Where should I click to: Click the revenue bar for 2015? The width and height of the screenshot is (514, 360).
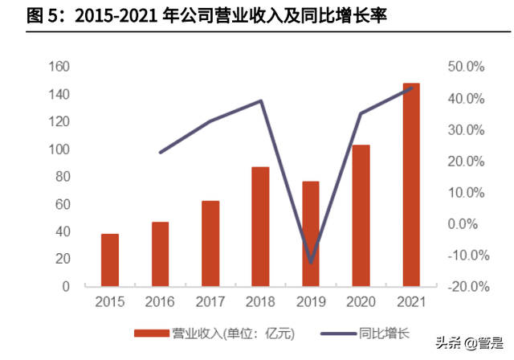point(110,260)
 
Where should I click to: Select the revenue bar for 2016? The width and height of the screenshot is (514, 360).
point(160,254)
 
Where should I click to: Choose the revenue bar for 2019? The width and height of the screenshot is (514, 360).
point(310,234)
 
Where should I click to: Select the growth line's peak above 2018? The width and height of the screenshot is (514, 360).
point(261,101)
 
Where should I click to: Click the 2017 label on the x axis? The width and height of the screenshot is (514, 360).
point(210,302)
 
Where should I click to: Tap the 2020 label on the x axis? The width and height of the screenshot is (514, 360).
point(361,302)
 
